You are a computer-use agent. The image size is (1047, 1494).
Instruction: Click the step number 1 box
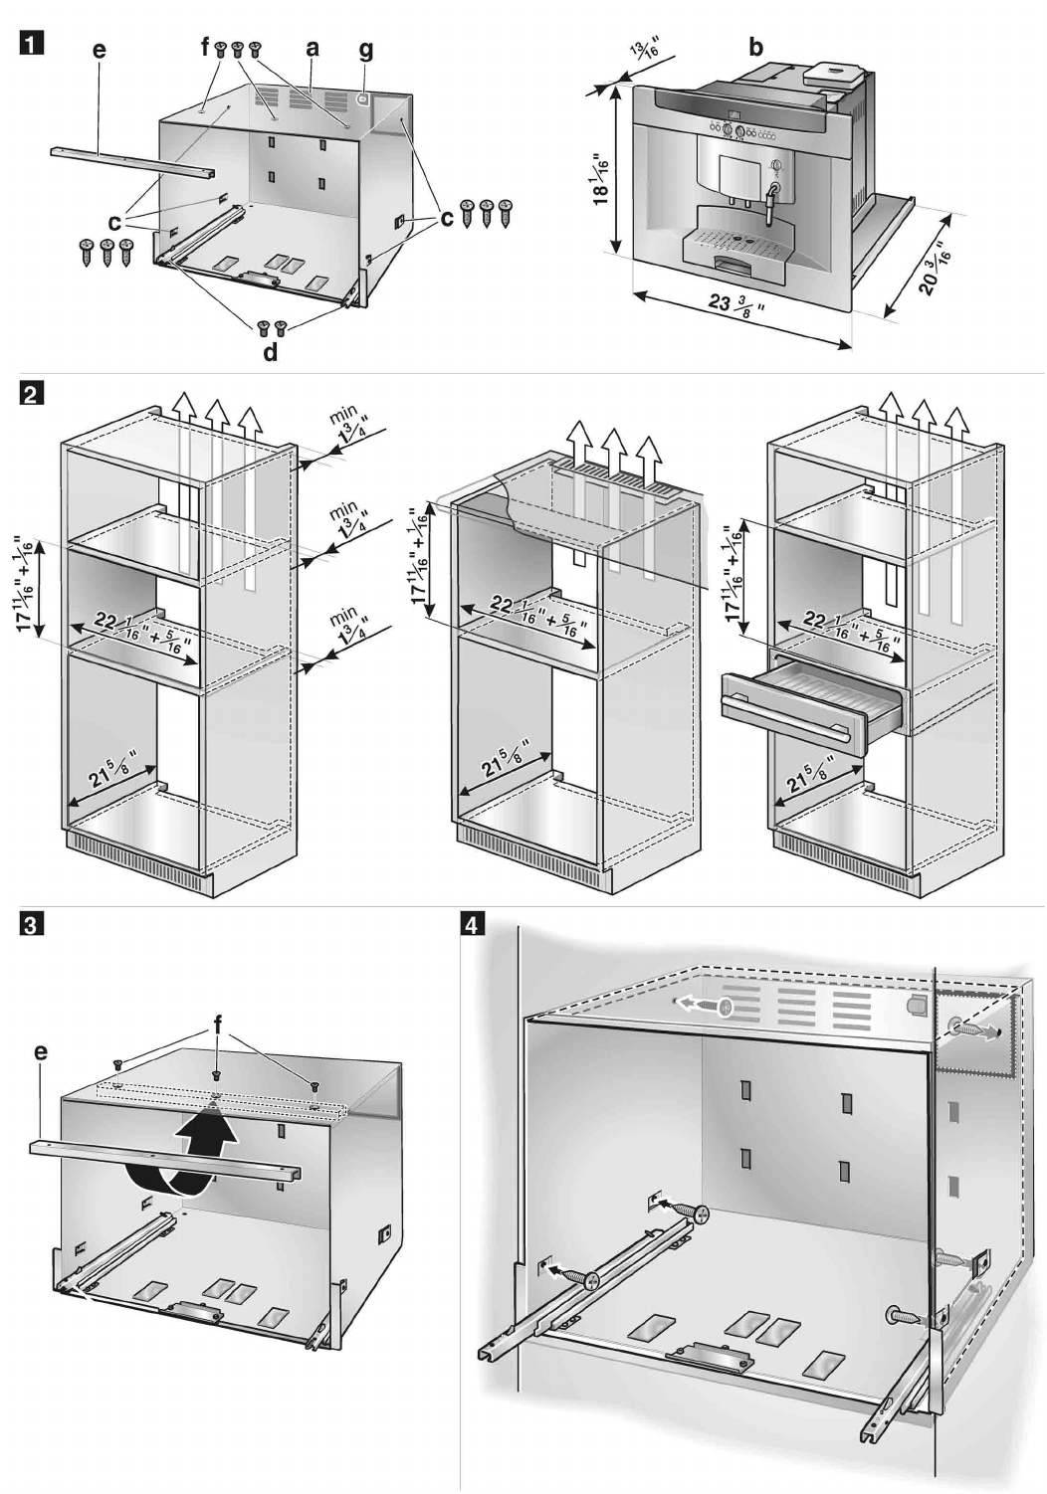pyautogui.click(x=33, y=46)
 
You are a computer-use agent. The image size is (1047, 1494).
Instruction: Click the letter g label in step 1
pyautogui.click(x=367, y=48)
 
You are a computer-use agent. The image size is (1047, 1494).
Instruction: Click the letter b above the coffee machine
pyautogui.click(x=755, y=47)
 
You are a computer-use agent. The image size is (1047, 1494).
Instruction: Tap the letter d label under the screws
pyautogui.click(x=271, y=353)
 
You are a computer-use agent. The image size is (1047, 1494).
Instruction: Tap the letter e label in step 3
pyautogui.click(x=40, y=1052)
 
